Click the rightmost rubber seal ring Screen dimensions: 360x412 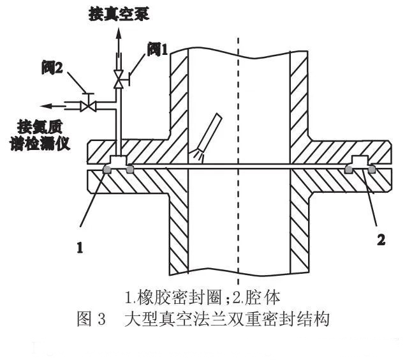(x=371, y=169)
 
